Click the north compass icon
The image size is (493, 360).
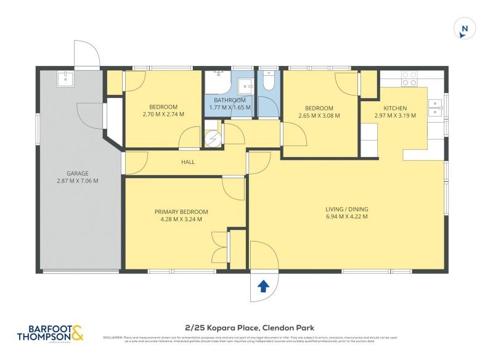click(x=465, y=29)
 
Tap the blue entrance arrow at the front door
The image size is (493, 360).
click(x=263, y=285)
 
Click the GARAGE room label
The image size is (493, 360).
click(x=78, y=173)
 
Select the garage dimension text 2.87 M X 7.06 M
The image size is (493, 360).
click(x=78, y=181)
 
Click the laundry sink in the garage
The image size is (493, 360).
click(x=64, y=78)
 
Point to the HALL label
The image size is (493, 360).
click(x=188, y=162)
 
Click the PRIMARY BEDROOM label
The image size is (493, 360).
click(x=181, y=211)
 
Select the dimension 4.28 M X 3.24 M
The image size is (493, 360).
click(x=181, y=219)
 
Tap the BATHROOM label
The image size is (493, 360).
click(x=230, y=100)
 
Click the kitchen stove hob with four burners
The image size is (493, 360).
click(x=410, y=78)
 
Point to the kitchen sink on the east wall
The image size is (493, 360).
click(x=436, y=108)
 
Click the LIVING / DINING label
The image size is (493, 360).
click(x=347, y=209)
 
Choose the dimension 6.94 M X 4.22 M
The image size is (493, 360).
click(x=347, y=217)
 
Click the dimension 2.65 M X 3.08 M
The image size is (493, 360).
click(x=319, y=115)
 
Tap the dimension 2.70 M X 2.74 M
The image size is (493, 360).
click(x=163, y=115)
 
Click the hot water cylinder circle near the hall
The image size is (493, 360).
click(x=213, y=140)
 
